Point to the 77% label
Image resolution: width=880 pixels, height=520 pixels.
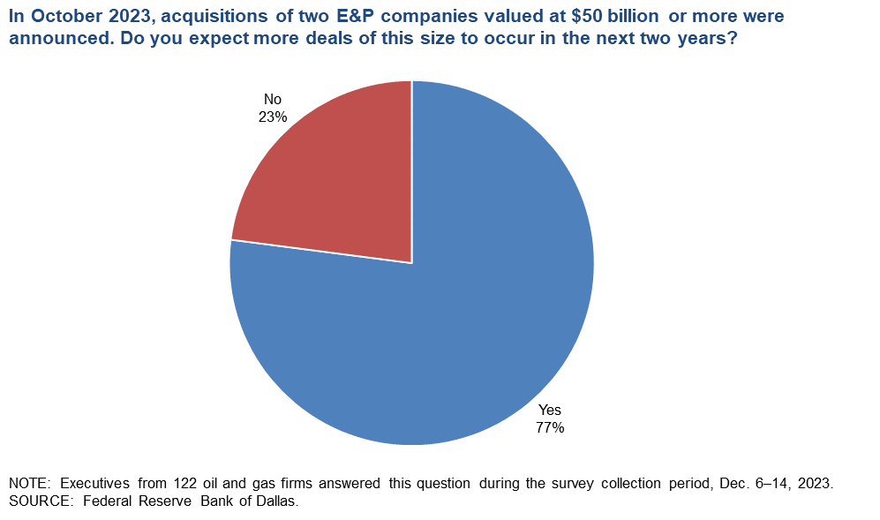(x=549, y=427)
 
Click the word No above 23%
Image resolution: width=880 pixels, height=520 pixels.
(x=274, y=99)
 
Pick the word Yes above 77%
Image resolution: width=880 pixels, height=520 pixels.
(x=549, y=411)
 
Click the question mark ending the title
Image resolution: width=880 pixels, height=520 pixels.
(x=732, y=39)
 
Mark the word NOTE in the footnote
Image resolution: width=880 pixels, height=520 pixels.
(x=26, y=484)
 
